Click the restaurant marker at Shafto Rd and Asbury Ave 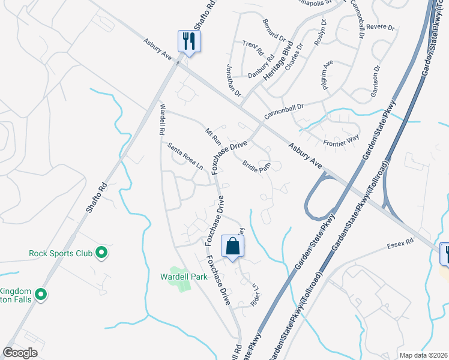pos(189,42)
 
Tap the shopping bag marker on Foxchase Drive pos(233,247)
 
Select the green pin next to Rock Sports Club pos(102,253)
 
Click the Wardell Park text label pos(183,277)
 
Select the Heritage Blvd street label pos(280,62)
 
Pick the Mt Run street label pos(213,136)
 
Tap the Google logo pos(20,353)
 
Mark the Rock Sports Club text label pos(60,253)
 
